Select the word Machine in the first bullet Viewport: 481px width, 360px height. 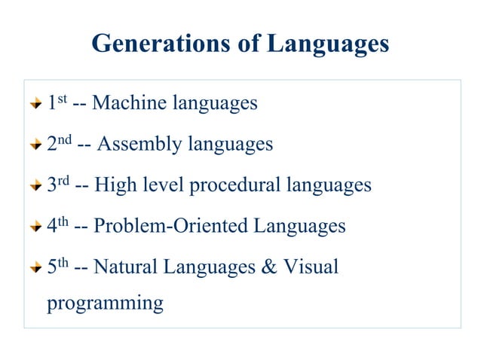[x=130, y=103]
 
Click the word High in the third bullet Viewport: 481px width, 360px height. [x=112, y=185]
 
